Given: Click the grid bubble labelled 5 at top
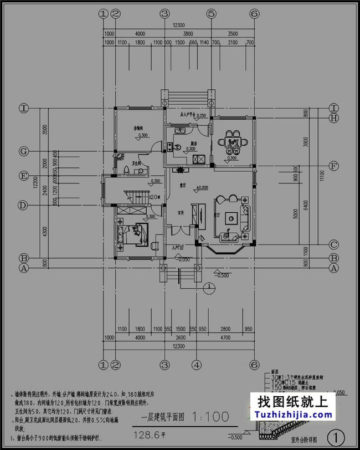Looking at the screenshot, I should (x=211, y=13).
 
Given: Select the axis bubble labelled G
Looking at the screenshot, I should (x=24, y=151).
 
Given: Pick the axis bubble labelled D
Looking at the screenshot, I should (x=24, y=205).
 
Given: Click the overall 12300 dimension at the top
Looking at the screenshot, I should (x=178, y=25).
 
